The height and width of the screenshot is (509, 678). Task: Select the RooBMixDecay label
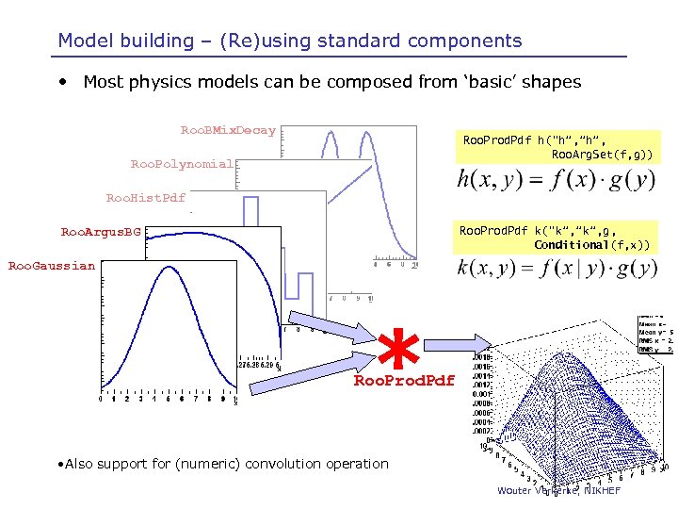pyautogui.click(x=228, y=130)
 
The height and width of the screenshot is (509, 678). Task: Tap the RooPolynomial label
pyautogui.click(x=182, y=164)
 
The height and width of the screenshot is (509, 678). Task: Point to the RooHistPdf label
pyautogui.click(x=145, y=198)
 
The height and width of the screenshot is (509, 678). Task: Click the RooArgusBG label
pyautogui.click(x=100, y=231)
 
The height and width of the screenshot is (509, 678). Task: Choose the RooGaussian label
pyautogui.click(x=52, y=266)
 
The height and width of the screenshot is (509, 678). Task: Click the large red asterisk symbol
pyautogui.click(x=403, y=349)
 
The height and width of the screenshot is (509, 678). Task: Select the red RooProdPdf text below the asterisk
pyautogui.click(x=403, y=381)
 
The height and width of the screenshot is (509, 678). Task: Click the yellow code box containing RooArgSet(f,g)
pyautogui.click(x=556, y=147)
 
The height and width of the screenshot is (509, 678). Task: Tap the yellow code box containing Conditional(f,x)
pyautogui.click(x=556, y=238)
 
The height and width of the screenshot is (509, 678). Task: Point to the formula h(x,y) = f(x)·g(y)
pyautogui.click(x=556, y=180)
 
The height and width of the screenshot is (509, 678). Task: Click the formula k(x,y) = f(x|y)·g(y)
pyautogui.click(x=556, y=270)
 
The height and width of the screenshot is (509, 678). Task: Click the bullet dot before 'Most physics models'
pyautogui.click(x=62, y=82)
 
